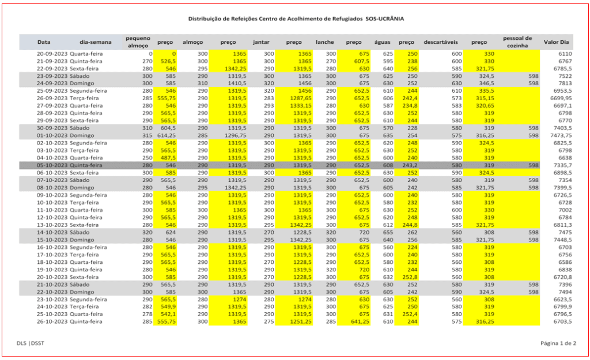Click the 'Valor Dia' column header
[x=557, y=42]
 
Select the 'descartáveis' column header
[x=441, y=42]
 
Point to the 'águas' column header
[x=383, y=42]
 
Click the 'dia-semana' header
[x=96, y=42]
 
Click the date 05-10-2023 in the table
[x=52, y=165]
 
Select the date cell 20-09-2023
[x=52, y=53]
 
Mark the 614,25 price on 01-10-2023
[x=165, y=135]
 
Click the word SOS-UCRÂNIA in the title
[x=384, y=19]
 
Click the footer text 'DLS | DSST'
[x=32, y=344]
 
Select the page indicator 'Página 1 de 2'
[x=558, y=344]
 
